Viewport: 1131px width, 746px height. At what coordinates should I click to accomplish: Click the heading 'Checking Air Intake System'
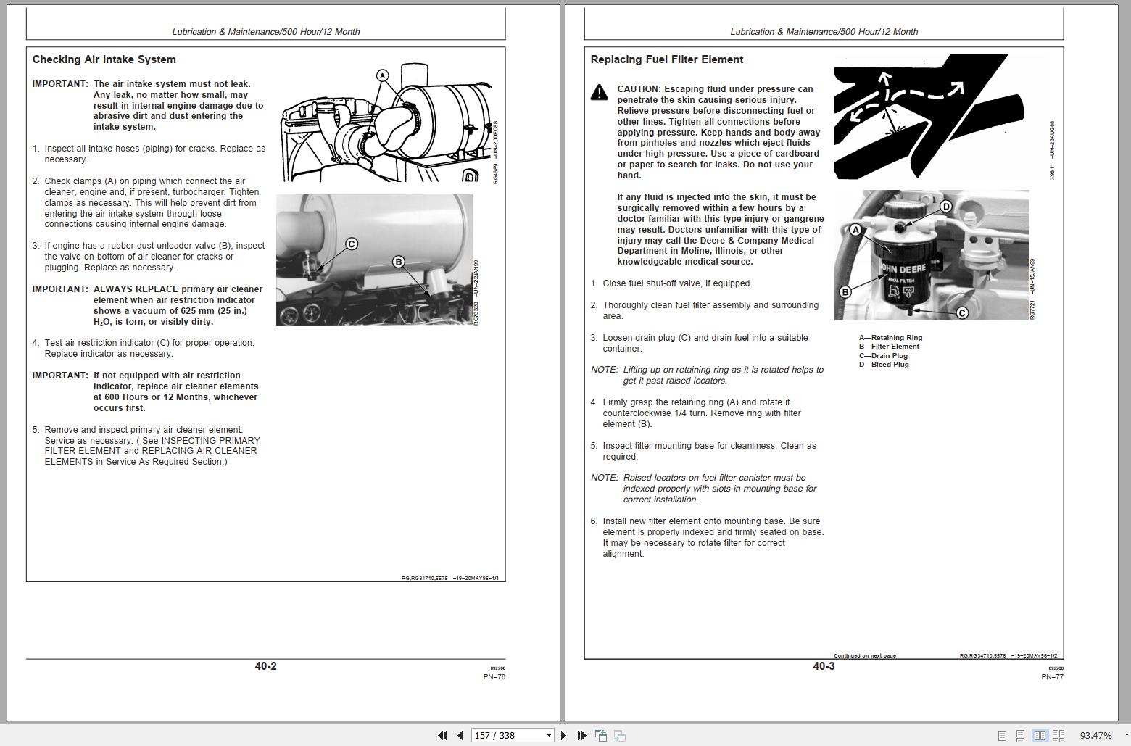pyautogui.click(x=104, y=59)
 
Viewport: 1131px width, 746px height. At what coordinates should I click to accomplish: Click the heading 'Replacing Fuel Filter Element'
pyautogui.click(x=666, y=59)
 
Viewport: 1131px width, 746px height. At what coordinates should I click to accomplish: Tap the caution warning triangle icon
pyautogui.click(x=599, y=92)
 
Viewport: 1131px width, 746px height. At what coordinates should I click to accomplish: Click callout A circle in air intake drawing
pyautogui.click(x=382, y=75)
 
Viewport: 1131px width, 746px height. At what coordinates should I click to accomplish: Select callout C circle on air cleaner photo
pyautogui.click(x=352, y=244)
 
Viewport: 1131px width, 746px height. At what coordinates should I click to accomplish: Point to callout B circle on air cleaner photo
pyautogui.click(x=398, y=262)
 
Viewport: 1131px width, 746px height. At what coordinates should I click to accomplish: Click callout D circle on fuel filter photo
pyautogui.click(x=945, y=207)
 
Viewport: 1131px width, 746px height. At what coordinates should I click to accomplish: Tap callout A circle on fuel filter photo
pyautogui.click(x=855, y=230)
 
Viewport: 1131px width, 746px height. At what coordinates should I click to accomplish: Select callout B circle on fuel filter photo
pyautogui.click(x=845, y=292)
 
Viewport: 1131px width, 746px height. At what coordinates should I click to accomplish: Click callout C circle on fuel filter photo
pyautogui.click(x=962, y=313)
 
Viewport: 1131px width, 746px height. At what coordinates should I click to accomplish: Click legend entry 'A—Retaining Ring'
pyautogui.click(x=890, y=338)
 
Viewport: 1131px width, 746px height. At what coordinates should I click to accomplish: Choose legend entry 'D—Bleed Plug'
pyautogui.click(x=884, y=365)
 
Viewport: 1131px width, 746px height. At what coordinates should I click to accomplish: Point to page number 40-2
pyautogui.click(x=265, y=666)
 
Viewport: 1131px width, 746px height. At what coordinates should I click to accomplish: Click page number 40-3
pyautogui.click(x=824, y=666)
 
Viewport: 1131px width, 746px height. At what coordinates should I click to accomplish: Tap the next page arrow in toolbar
pyautogui.click(x=563, y=735)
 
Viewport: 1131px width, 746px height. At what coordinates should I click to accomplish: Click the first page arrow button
pyautogui.click(x=442, y=735)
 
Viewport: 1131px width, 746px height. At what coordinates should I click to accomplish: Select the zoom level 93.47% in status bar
pyautogui.click(x=1095, y=735)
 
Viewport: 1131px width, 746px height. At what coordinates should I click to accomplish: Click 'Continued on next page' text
pyautogui.click(x=864, y=656)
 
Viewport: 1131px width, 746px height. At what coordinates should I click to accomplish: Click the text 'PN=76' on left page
pyautogui.click(x=494, y=677)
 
